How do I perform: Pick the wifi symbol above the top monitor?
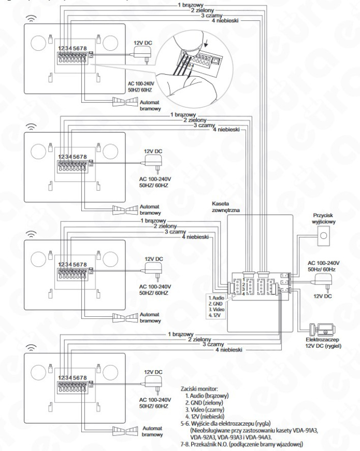[33, 16]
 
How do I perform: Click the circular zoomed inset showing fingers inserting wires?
[192, 68]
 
